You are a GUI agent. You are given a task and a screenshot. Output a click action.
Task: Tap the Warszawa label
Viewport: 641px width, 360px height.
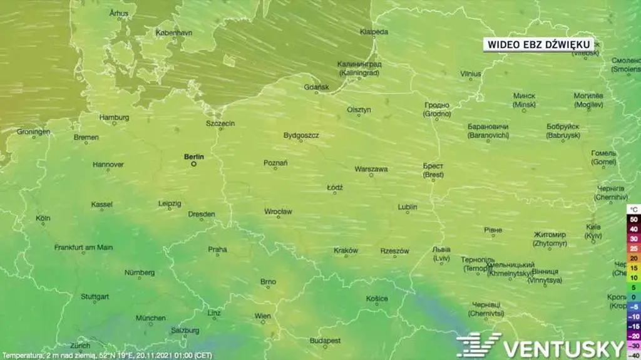[371, 169]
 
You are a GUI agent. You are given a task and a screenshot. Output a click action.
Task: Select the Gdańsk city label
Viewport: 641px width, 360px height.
[316, 87]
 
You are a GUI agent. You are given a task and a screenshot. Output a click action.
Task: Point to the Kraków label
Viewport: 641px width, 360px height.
[346, 250]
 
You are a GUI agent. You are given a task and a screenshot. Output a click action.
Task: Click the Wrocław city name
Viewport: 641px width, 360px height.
[278, 212]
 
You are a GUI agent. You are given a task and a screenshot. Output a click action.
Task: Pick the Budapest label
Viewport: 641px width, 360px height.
[325, 341]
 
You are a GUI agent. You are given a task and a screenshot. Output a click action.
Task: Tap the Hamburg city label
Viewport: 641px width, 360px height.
[114, 117]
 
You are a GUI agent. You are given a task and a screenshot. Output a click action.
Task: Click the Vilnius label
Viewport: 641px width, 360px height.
[471, 74]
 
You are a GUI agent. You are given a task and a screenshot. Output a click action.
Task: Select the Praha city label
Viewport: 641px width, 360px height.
[217, 249]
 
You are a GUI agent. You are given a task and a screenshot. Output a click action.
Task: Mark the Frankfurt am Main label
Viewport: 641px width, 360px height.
[83, 247]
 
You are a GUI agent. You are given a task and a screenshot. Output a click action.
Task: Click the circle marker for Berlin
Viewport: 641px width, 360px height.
[193, 164]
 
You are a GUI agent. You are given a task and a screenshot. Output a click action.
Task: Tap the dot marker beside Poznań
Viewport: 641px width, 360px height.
[275, 170]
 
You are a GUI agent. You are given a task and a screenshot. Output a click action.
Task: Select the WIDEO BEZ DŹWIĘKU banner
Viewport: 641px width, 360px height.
[539, 44]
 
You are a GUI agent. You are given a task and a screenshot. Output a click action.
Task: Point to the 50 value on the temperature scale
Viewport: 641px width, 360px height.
[633, 220]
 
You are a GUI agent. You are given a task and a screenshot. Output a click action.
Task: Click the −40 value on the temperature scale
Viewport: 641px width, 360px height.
[633, 356]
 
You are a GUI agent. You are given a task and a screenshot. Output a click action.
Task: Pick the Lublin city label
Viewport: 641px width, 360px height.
[408, 207]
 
